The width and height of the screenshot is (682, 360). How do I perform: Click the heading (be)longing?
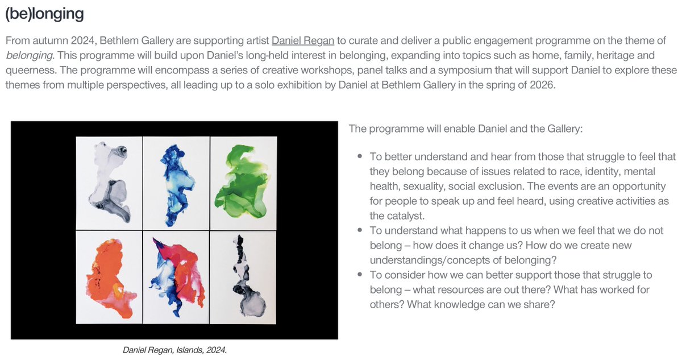click(x=44, y=14)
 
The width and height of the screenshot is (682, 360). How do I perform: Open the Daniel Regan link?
click(x=302, y=41)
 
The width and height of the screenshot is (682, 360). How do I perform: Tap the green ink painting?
click(x=244, y=183)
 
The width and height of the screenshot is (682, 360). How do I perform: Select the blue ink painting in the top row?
click(x=176, y=183)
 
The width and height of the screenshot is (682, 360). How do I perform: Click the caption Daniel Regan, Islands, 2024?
click(x=175, y=350)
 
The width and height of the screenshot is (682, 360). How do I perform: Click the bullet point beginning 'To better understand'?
click(x=360, y=156)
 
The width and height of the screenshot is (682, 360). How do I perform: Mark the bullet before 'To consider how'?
click(x=360, y=275)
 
